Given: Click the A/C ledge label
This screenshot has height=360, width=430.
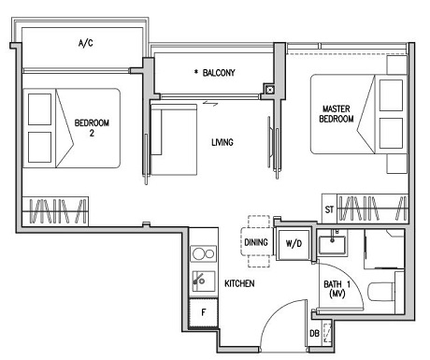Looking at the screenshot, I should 85,43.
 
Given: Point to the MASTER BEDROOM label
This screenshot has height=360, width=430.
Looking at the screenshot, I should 336,114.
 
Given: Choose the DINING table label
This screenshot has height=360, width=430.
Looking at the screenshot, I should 256,243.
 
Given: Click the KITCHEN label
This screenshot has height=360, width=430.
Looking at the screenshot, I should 240,282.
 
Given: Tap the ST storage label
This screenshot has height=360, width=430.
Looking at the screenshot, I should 329,209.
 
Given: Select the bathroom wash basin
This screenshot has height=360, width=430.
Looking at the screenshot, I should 334,245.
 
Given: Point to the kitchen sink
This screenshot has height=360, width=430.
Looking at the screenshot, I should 201,279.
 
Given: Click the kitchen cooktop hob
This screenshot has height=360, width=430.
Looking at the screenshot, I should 201,252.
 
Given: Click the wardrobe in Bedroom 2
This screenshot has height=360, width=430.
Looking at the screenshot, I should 55,209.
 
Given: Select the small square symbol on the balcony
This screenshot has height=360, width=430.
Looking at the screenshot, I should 269,91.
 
